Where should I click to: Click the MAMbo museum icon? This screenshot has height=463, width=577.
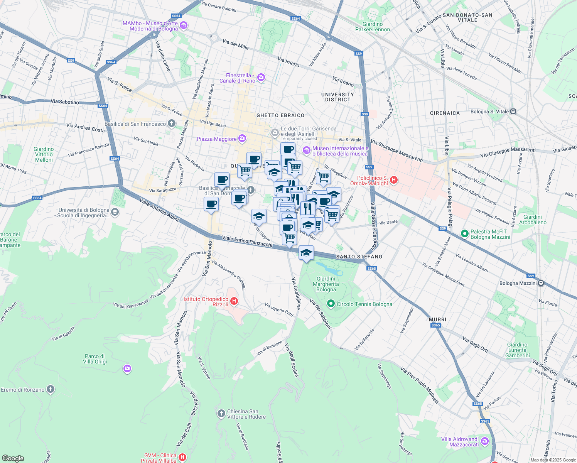184,26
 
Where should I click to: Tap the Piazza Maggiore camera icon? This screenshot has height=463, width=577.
242,138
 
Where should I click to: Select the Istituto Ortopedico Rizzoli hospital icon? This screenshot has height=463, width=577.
234,301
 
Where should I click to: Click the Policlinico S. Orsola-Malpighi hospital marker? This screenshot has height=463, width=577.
394,180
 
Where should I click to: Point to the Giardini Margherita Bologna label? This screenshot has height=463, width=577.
326,284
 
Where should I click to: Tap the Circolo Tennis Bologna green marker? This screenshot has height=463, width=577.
331,304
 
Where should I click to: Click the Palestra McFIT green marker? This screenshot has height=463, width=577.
465,234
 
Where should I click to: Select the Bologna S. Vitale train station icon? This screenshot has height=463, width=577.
513,112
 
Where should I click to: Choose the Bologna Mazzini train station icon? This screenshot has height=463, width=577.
541,283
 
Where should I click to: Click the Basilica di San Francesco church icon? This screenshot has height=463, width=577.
172,124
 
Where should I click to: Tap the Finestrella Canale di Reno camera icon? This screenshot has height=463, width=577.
261,78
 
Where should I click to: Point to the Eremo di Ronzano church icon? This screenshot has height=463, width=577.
51,389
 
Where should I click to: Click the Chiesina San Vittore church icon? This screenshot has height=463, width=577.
221,414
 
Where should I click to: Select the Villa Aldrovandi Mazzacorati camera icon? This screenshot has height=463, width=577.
485,441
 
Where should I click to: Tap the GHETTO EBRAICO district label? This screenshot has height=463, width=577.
280,115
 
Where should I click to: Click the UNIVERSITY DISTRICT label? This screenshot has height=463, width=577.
337,97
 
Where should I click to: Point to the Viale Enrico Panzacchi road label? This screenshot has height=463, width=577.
247,241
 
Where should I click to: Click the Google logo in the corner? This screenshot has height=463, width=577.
13,458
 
